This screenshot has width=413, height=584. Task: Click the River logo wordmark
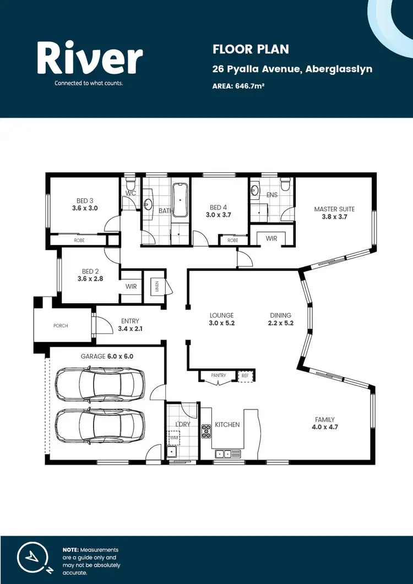[90, 59]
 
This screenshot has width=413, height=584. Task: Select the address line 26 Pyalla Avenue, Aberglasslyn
[292, 69]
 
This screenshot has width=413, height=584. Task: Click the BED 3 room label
[84, 201]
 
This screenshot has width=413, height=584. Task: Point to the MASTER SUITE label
[334, 209]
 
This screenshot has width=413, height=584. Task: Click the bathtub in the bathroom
[180, 200]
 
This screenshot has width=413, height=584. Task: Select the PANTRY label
[219, 375]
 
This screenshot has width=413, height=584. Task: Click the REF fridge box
[245, 375]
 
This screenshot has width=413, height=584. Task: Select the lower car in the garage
[100, 426]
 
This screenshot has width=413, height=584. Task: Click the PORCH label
[61, 326]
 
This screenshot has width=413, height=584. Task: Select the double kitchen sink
[223, 454]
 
